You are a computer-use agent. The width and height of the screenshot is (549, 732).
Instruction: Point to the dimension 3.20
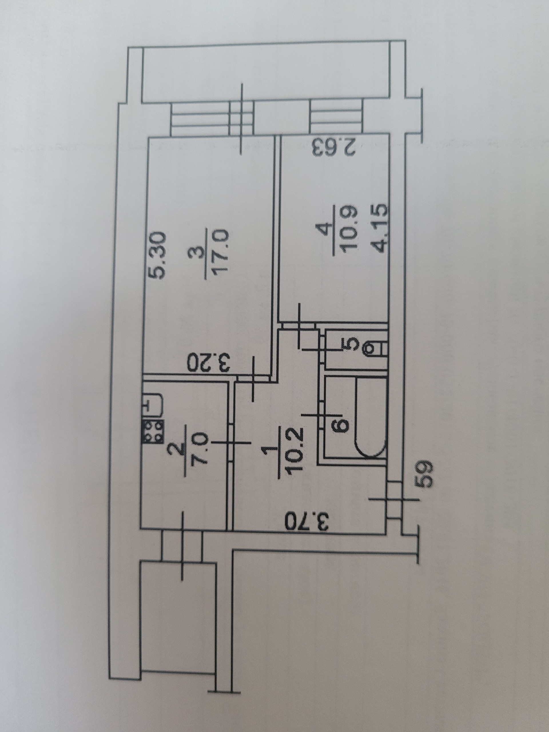click(208, 363)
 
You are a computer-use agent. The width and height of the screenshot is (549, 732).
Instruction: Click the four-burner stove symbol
click(153, 431)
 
